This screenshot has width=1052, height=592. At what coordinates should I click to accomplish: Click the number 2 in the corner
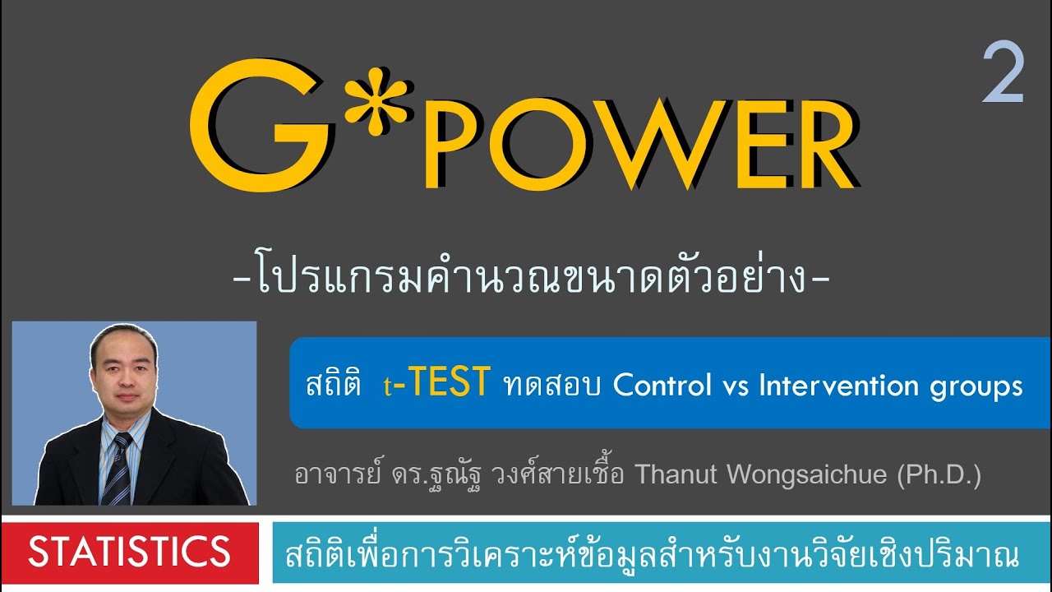tap(1003, 75)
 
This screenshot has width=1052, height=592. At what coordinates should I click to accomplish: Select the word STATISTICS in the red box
tap(129, 552)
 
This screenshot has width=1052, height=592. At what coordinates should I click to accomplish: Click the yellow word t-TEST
tap(436, 384)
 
